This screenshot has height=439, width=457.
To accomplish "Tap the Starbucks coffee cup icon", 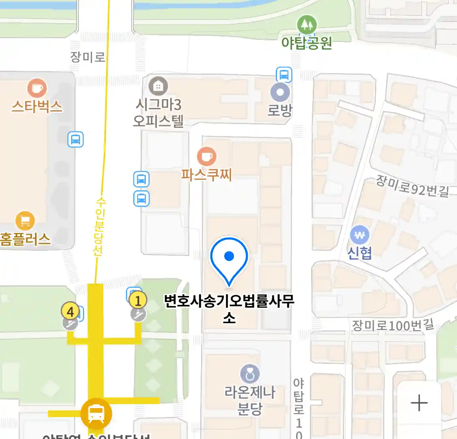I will (x=37, y=88).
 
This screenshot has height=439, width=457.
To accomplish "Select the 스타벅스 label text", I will (x=37, y=106).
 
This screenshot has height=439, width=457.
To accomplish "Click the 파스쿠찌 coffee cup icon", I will (x=207, y=156).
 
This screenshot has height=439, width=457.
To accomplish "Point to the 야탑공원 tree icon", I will (x=307, y=25).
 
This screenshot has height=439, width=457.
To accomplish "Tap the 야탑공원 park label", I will (x=307, y=43).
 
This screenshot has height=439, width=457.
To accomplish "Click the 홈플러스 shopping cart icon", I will (x=25, y=221).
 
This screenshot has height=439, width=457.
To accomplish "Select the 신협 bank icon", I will (x=360, y=235).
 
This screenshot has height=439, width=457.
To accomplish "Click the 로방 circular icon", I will (x=280, y=92).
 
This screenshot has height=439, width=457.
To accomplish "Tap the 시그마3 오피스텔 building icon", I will (x=158, y=86).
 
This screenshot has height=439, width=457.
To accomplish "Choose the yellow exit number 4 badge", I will (x=71, y=311).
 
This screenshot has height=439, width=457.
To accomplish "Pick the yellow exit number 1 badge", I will (x=138, y=301).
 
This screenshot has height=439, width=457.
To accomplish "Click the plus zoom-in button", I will (x=419, y=403).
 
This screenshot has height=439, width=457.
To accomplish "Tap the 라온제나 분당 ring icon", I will (x=250, y=374).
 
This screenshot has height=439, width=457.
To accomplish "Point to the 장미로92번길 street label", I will (x=412, y=187).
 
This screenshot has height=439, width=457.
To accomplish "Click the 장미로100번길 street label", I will (x=393, y=325).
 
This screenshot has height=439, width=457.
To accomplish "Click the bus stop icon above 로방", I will (x=284, y=75).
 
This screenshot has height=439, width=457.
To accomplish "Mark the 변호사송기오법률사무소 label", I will (x=229, y=308).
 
